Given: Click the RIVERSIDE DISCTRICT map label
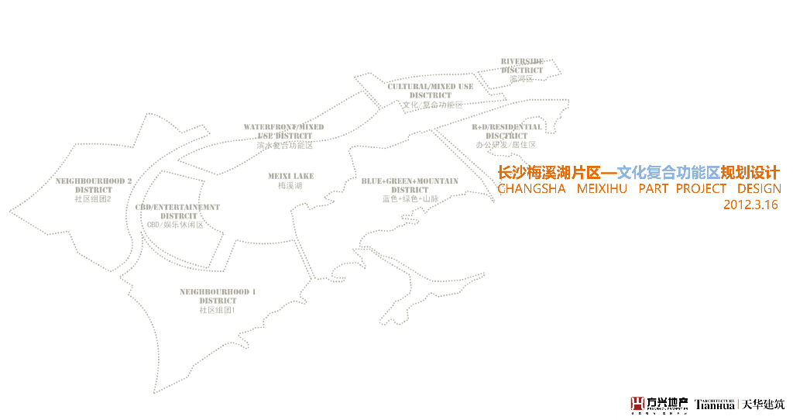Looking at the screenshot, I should tap(522, 66).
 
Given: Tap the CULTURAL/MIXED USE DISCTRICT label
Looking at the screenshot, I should tap(431, 91).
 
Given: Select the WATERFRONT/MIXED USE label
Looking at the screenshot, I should tap(284, 131).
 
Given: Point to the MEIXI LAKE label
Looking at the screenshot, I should tap(291, 176).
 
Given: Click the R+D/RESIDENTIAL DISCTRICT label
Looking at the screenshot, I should tap(507, 131).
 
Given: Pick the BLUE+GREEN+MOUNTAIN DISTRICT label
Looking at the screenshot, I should tap(410, 185).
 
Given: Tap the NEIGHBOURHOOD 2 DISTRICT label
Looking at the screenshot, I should tap(94, 185).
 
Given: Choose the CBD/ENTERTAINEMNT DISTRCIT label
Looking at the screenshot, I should tap(177, 212).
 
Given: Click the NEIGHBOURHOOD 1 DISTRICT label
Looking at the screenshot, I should tap(218, 296).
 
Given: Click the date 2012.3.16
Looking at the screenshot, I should tap(750, 205).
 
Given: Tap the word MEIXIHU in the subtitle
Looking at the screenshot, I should tap(603, 189).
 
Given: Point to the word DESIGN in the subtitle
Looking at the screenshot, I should tap(759, 189).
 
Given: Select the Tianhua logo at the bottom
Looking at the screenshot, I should tap(714, 403).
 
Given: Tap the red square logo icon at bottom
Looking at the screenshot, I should tap(637, 403).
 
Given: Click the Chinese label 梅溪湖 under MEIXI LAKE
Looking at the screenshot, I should tap(290, 186).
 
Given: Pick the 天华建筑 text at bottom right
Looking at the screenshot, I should tap(763, 404).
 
